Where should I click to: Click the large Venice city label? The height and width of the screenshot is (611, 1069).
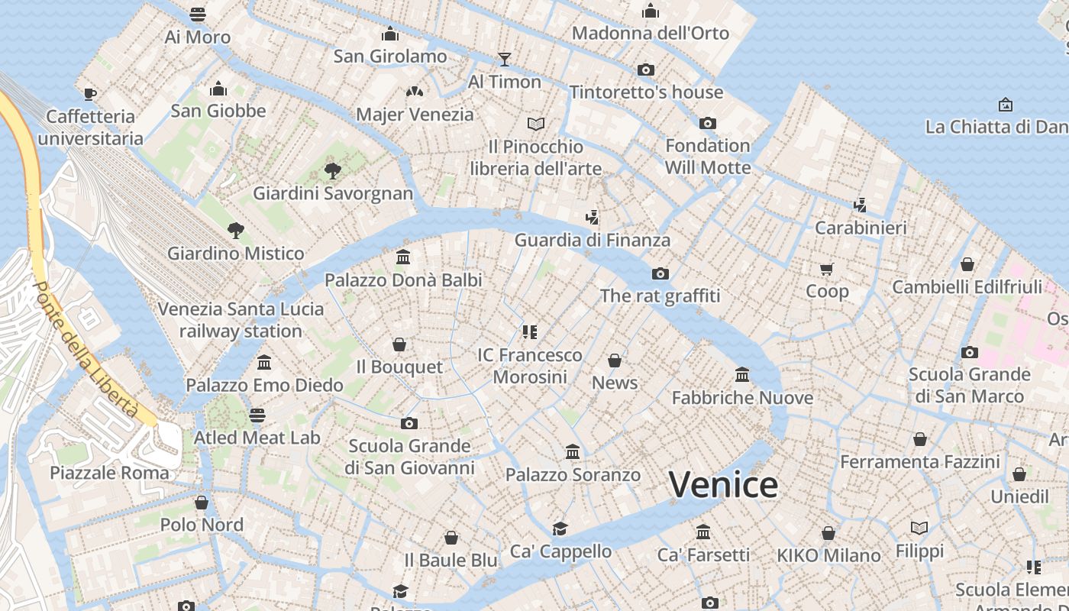pyautogui.click(x=723, y=485)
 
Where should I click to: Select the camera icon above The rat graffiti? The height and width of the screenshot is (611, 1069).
pyautogui.click(x=660, y=273)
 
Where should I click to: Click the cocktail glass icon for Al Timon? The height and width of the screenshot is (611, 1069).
pyautogui.click(x=504, y=59)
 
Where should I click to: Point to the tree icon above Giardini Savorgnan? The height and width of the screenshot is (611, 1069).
pyautogui.click(x=332, y=170)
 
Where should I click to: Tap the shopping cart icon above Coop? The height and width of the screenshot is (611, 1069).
pyautogui.click(x=826, y=269)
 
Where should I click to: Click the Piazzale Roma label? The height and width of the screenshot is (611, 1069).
pyautogui.click(x=109, y=473)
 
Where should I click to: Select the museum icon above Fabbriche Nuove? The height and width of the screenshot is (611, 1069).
pyautogui.click(x=741, y=375)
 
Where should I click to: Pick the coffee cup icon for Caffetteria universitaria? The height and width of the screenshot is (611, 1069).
pyautogui.click(x=90, y=94)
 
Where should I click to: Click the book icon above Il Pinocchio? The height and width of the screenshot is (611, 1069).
pyautogui.click(x=536, y=124)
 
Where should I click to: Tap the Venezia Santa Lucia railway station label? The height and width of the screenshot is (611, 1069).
pyautogui.click(x=241, y=320)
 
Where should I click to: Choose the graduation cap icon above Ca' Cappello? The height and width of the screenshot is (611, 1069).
pyautogui.click(x=560, y=529)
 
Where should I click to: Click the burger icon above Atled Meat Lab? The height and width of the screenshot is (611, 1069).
pyautogui.click(x=257, y=415)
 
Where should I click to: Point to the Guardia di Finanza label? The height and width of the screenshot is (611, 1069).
pyautogui.click(x=593, y=240)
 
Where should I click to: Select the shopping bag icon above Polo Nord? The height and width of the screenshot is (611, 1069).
pyautogui.click(x=202, y=503)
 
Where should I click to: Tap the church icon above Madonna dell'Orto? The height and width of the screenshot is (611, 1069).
pyautogui.click(x=651, y=11)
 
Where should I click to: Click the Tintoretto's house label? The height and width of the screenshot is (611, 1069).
pyautogui.click(x=646, y=92)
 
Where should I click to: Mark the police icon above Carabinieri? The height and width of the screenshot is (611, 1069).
pyautogui.click(x=860, y=205)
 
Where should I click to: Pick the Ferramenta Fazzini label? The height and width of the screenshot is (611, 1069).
pyautogui.click(x=920, y=462)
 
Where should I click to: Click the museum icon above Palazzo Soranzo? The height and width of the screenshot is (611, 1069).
pyautogui.click(x=573, y=452)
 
